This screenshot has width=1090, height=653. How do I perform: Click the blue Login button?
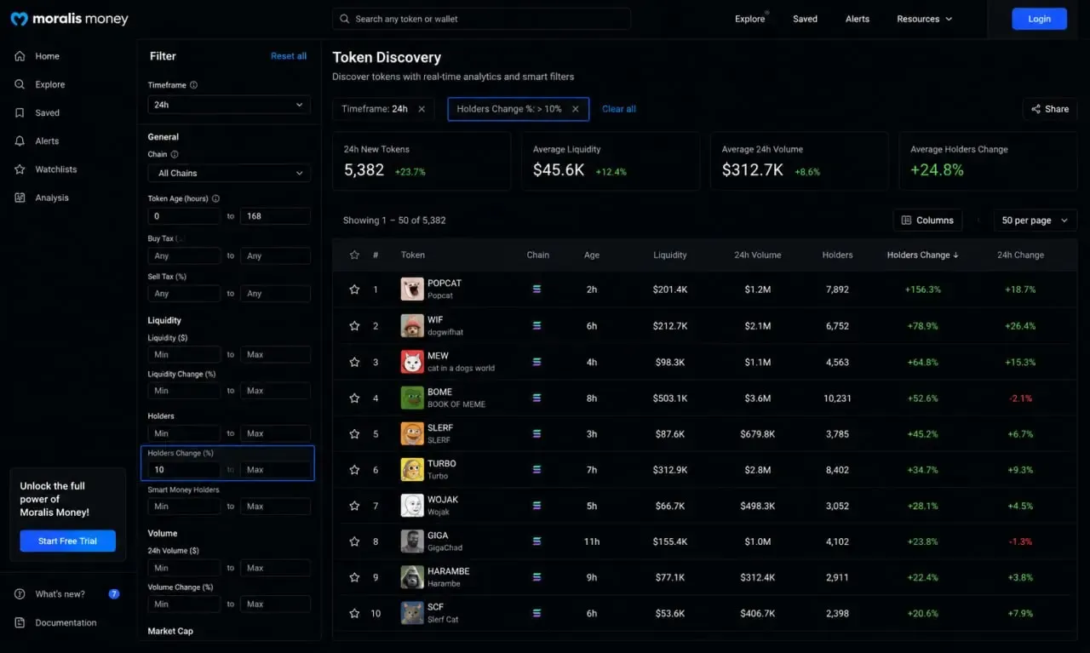pyautogui.click(x=1039, y=19)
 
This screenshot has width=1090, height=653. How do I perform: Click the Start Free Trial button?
pyautogui.click(x=67, y=541)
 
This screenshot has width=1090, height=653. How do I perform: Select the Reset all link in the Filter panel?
pyautogui.click(x=289, y=56)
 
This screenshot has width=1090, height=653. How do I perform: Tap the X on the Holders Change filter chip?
pyautogui.click(x=575, y=109)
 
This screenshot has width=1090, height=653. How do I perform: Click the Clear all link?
pyautogui.click(x=618, y=109)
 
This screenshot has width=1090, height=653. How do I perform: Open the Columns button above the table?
pyautogui.click(x=927, y=221)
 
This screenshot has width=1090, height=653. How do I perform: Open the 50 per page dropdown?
pyautogui.click(x=1035, y=221)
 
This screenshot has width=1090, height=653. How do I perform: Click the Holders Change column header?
pyautogui.click(x=922, y=255)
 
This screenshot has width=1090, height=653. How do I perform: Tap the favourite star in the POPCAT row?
pyautogui.click(x=354, y=289)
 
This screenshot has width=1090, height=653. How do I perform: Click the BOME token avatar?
pyautogui.click(x=411, y=398)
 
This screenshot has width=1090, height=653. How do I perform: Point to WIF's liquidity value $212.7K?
pyautogui.click(x=669, y=326)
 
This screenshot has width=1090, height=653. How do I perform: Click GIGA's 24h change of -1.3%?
pyautogui.click(x=1020, y=541)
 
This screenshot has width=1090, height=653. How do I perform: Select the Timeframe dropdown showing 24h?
pyautogui.click(x=229, y=105)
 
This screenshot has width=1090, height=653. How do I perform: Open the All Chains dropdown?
pyautogui.click(x=229, y=173)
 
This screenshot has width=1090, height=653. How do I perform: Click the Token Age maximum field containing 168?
pyautogui.click(x=275, y=216)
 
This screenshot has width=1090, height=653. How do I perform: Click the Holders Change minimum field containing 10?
pyautogui.click(x=184, y=470)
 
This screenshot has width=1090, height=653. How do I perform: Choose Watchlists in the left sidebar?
pyautogui.click(x=56, y=169)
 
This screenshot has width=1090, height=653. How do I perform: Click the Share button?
pyautogui.click(x=1050, y=109)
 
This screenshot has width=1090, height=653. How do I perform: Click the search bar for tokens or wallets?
pyautogui.click(x=481, y=19)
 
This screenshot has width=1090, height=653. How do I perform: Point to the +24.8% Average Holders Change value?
pyautogui.click(x=937, y=169)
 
